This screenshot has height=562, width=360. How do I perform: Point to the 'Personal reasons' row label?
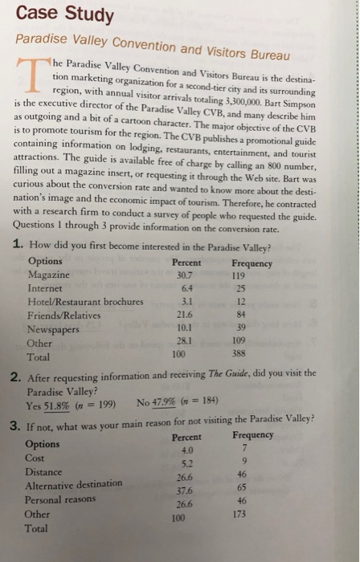pos(61,499)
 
